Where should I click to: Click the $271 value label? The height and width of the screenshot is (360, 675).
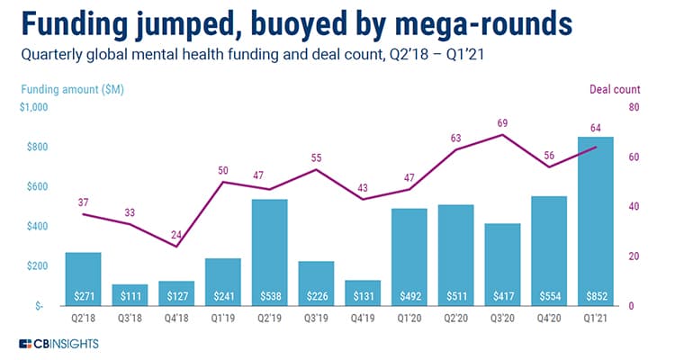point(83,295)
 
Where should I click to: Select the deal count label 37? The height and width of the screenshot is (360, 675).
point(83,201)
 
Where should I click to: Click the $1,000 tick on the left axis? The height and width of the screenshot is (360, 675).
point(33,108)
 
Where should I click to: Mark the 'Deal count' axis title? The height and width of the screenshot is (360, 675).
point(615,88)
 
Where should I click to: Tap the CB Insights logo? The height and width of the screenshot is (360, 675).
point(58,344)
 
